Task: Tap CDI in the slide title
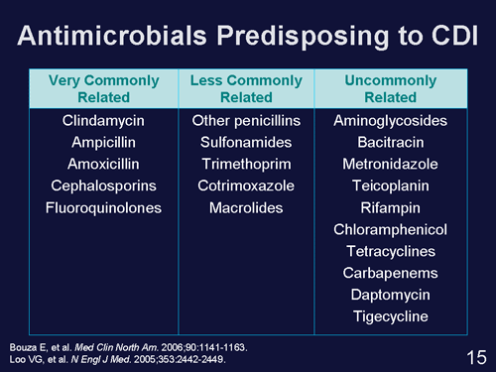point(447,37)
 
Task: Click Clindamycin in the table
point(97,121)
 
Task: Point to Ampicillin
point(97,143)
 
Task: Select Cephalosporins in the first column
point(97,186)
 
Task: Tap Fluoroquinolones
point(97,208)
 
